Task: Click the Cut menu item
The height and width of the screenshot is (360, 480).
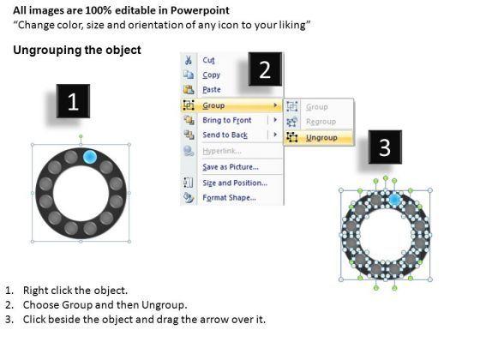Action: click(x=208, y=60)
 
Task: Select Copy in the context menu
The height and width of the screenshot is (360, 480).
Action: click(x=211, y=75)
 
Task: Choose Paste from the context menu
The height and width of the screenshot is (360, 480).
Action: click(x=212, y=89)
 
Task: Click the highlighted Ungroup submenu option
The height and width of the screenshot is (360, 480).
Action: click(x=321, y=138)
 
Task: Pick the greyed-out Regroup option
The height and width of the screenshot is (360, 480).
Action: click(x=321, y=122)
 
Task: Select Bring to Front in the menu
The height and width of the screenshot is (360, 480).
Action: click(x=227, y=120)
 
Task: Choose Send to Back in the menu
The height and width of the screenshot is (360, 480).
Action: click(x=225, y=135)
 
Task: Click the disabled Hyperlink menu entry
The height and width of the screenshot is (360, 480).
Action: click(x=222, y=151)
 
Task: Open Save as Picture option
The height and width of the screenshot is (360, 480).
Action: click(x=231, y=167)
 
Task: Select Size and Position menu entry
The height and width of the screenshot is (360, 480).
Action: click(x=235, y=183)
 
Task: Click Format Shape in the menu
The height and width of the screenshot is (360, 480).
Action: click(x=229, y=197)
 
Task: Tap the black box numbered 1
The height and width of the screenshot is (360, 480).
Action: click(x=73, y=101)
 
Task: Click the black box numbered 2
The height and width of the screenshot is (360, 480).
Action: click(x=265, y=69)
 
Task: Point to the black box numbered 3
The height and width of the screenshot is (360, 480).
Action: click(x=385, y=147)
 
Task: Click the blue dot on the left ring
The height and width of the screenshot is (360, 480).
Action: click(x=90, y=157)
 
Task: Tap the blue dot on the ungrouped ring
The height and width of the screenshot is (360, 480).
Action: click(x=394, y=201)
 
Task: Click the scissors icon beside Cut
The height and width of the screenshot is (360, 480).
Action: click(x=189, y=60)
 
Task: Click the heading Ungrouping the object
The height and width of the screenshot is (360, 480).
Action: click(x=77, y=50)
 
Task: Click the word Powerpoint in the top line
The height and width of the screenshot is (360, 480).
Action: click(x=200, y=10)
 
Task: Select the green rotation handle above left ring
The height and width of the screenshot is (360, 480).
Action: click(x=81, y=136)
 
